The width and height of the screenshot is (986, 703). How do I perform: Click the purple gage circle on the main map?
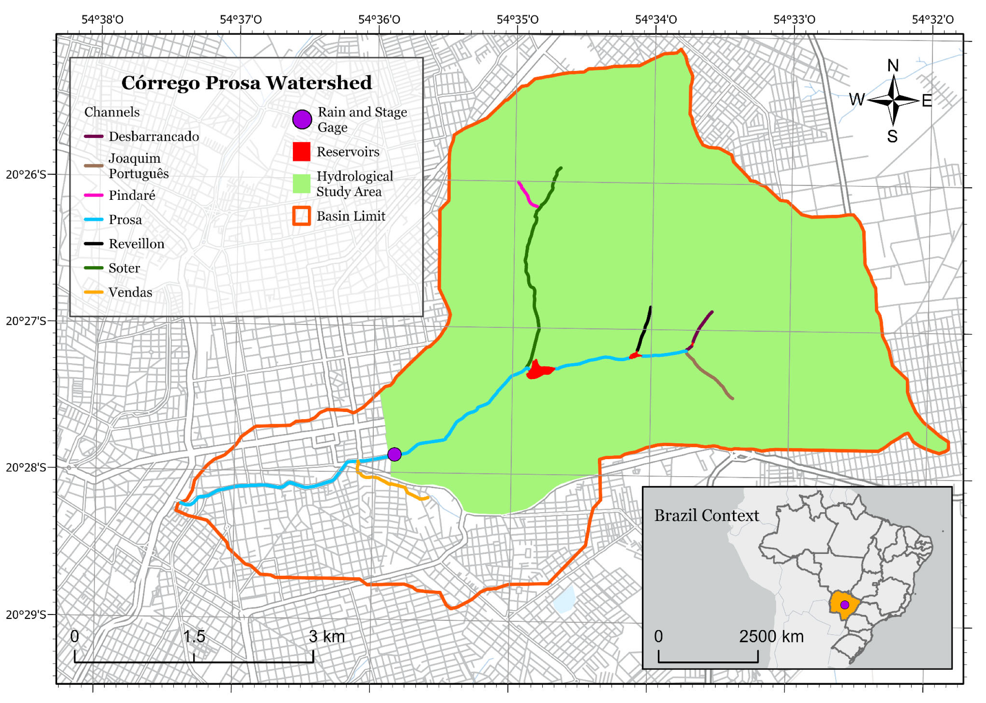coord(394,454)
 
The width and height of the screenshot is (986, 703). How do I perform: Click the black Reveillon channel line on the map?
coord(645,329)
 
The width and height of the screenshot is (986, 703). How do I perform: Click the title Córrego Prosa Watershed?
coord(246,83)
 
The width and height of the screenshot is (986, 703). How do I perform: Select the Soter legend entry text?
coord(124,268)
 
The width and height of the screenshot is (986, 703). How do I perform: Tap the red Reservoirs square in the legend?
coord(302,151)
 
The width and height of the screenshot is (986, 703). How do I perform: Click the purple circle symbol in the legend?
coord(302,119)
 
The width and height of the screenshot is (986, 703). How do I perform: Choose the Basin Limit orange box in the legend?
coord(302,216)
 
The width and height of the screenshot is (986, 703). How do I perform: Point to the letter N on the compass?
coord(893,66)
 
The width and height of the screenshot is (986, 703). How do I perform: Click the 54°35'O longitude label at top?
coord(517,19)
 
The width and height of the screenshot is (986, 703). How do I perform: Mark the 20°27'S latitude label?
coord(25,321)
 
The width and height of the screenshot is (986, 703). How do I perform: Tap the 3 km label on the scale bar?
coord(327,636)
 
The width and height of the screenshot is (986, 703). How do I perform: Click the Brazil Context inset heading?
coord(706,515)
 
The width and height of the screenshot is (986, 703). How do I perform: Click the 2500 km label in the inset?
coord(771,636)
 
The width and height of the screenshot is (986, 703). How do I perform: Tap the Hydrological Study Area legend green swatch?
coord(302,184)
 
